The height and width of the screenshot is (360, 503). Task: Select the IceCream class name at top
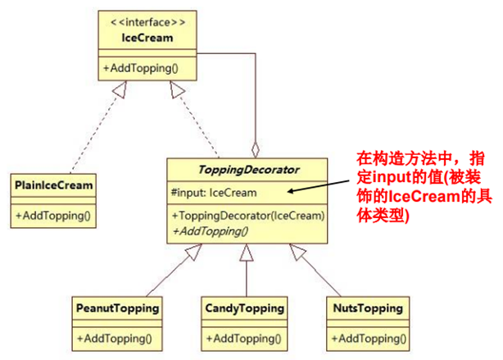tap(148, 37)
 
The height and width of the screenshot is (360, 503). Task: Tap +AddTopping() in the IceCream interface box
tap(137, 68)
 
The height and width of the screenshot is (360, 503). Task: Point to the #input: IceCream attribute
tap(214, 193)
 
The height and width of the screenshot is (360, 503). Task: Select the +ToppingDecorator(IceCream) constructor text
tap(248, 216)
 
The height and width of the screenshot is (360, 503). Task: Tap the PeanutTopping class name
tap(116, 309)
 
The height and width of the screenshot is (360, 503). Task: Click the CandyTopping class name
tap(243, 309)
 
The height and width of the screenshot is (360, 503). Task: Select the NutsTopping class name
tap(369, 309)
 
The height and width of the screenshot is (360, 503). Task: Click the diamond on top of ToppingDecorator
tap(256, 150)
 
